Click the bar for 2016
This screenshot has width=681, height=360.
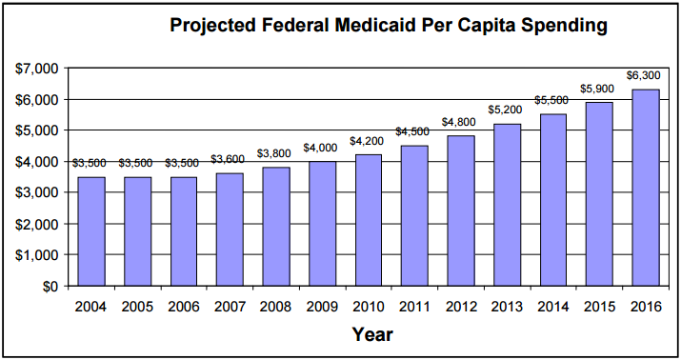644,188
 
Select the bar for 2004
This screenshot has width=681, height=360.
91,231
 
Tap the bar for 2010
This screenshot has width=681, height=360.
368,220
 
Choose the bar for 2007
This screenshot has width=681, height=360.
230,230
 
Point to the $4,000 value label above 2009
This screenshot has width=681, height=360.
322,148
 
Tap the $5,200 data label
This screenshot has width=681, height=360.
506,110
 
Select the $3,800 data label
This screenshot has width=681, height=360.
275,154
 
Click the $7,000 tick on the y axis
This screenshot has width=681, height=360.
36,69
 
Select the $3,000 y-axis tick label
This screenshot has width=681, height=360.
36,192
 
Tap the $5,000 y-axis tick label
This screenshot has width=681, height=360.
36,130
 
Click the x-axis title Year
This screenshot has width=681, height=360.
371,334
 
